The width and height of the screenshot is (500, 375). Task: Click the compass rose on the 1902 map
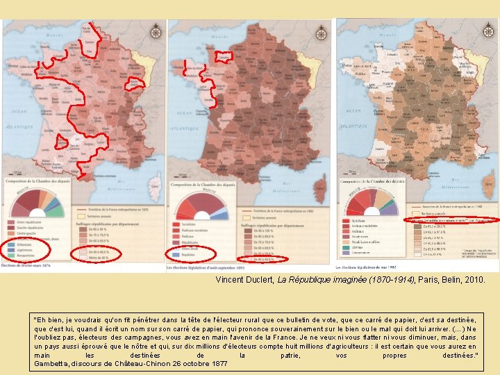click(488, 31)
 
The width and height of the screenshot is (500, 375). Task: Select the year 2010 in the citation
click(476, 279)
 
